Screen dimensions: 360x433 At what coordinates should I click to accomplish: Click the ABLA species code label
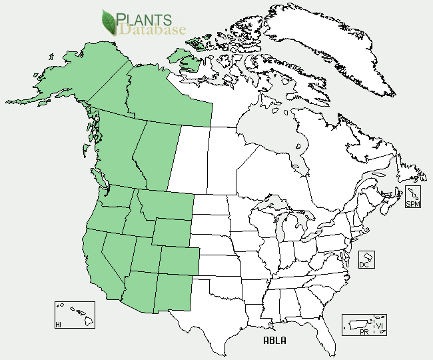click(x=274, y=341)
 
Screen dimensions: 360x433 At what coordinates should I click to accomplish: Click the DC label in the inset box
click(x=364, y=264)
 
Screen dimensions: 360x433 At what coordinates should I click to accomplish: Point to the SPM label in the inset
click(x=413, y=203)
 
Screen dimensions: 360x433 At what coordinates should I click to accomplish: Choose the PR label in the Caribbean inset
click(x=363, y=331)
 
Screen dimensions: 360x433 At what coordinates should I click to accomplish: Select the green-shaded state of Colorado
click(x=178, y=259)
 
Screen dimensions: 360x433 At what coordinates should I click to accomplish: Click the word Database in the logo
click(x=153, y=30)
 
